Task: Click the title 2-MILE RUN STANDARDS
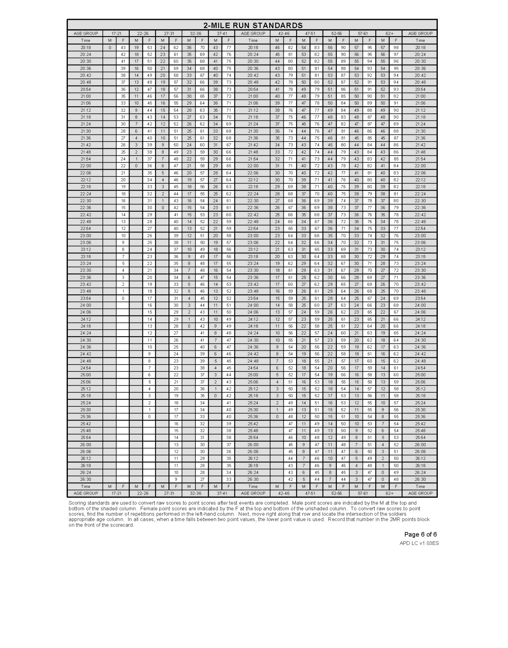pyautogui.click(x=253, y=25)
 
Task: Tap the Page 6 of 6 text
pyautogui.click(x=420, y=534)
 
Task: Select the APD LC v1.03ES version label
pyautogui.click(x=419, y=543)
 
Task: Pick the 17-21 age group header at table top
pyautogui.click(x=116, y=33)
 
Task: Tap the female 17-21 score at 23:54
pyautogui.click(x=123, y=298)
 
